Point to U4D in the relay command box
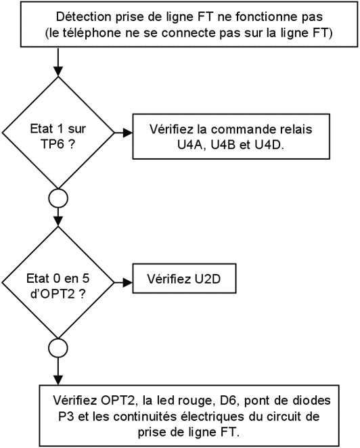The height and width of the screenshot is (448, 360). (x=269, y=145)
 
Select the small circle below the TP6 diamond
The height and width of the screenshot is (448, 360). (x=58, y=198)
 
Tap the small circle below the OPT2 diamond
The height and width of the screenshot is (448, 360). (x=58, y=348)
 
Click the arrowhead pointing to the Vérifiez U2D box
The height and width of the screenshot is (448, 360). (x=128, y=283)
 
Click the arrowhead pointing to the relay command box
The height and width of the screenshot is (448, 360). (x=128, y=133)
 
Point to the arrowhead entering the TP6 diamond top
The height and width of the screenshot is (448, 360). (x=58, y=72)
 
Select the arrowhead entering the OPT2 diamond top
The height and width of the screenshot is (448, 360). (x=58, y=221)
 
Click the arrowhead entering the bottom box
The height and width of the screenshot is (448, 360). (x=58, y=380)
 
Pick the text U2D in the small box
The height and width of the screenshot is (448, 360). (x=208, y=279)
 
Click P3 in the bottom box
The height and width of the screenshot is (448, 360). (x=66, y=416)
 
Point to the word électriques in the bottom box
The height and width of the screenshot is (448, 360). (x=214, y=417)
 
